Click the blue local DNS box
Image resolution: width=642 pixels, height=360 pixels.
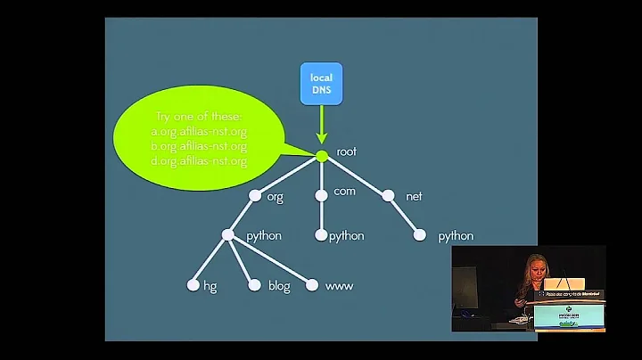coord(321,85)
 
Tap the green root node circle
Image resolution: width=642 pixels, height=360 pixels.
coord(322,156)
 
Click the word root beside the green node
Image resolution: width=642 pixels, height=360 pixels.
coord(346,152)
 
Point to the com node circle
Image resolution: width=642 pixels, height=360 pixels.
coord(322,195)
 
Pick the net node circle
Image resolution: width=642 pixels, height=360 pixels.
coord(388,195)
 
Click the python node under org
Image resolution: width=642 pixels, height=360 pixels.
coord(227,236)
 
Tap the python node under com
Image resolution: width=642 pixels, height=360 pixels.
coord(321,236)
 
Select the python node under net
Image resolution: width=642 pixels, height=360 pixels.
coord(420,236)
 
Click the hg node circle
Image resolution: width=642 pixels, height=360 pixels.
coord(192,286)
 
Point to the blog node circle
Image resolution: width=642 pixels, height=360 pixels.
coord(254,286)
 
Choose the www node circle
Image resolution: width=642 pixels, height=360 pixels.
coord(312,286)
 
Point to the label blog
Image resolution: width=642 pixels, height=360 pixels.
coord(279,286)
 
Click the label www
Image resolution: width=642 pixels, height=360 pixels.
coord(340,286)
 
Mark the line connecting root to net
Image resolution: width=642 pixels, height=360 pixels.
coord(355,176)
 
